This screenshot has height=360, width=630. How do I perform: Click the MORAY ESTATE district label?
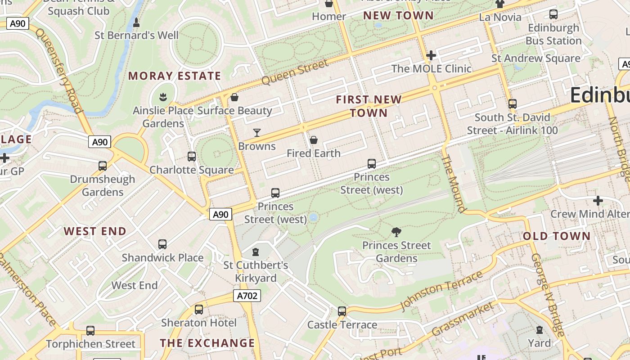(x=175, y=76)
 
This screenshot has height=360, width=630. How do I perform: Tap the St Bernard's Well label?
(x=136, y=35)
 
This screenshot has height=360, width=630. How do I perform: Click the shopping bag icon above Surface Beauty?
(x=234, y=97)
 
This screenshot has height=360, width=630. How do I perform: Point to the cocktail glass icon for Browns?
(x=257, y=133)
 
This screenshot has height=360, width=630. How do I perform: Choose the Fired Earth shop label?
(x=314, y=153)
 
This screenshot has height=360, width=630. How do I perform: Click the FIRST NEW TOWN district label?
(x=369, y=106)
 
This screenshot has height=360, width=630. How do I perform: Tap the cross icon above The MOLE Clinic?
(x=431, y=55)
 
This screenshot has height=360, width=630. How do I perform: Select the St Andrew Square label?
(x=535, y=58)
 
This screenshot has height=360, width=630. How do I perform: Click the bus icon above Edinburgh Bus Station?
(x=553, y=14)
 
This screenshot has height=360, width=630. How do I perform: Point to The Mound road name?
(x=454, y=184)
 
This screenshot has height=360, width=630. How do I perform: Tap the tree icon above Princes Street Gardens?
(x=396, y=232)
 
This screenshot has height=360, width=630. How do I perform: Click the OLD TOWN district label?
(x=557, y=236)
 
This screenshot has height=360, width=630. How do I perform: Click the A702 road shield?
(x=247, y=296)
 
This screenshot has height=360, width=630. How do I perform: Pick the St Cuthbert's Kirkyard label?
(x=256, y=271)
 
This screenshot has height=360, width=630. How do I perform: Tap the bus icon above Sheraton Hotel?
(x=199, y=310)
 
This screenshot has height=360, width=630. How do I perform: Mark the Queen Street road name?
(x=295, y=72)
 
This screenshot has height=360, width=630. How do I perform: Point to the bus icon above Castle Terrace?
(x=342, y=311)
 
